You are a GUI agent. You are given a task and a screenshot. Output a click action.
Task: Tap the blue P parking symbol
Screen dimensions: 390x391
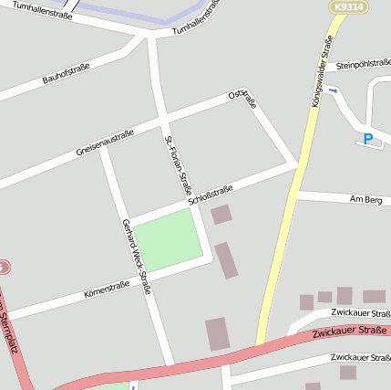tap(368, 140)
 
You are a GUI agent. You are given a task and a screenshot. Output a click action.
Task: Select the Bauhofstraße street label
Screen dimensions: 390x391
tap(66, 74)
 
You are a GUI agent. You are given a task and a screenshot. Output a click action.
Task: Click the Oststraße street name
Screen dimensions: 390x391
tap(243, 99)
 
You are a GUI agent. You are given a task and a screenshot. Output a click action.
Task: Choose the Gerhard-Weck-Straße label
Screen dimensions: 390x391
tap(136, 257)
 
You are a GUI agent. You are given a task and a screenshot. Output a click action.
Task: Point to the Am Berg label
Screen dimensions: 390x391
tap(365, 199)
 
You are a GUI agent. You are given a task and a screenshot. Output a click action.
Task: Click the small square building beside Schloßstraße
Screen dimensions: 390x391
tap(221, 215)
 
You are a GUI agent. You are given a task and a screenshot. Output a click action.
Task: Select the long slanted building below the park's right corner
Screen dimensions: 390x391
tap(226, 260)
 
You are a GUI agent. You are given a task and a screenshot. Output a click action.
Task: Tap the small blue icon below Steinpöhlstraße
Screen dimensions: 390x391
tap(333, 90)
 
